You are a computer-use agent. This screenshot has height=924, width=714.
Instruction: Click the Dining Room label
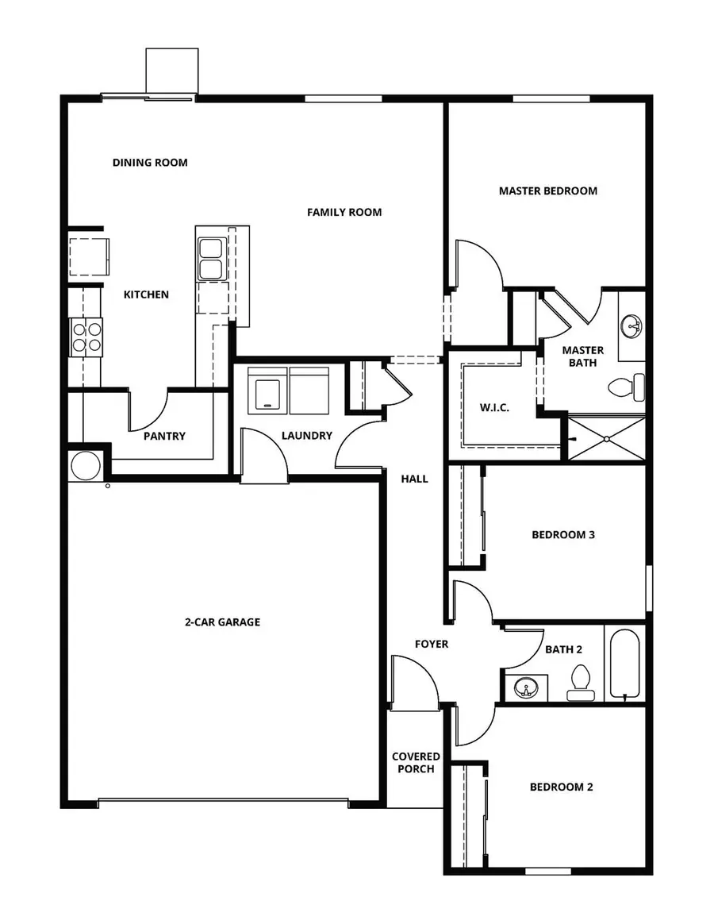coord(150,163)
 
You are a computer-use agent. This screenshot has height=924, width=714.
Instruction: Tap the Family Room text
coord(344,212)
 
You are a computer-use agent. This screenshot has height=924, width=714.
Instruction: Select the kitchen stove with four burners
coord(86,334)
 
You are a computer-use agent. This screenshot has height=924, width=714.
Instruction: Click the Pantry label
coord(165,436)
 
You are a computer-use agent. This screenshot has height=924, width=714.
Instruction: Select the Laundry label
coord(306,436)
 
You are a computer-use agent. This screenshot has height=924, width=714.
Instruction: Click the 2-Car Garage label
coord(222,622)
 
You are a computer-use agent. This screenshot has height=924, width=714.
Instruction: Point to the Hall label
coord(414,479)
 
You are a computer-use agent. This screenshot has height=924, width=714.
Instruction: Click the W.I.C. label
coord(494,407)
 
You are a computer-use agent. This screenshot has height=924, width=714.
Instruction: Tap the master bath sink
coord(632,325)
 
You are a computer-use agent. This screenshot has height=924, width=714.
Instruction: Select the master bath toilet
coord(627,388)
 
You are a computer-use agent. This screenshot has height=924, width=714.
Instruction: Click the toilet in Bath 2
coord(581,683)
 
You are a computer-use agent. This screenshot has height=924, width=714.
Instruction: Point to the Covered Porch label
coord(415,762)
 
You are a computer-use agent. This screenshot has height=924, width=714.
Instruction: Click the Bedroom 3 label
coord(563,534)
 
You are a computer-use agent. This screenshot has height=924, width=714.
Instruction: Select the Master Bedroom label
coord(548,191)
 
